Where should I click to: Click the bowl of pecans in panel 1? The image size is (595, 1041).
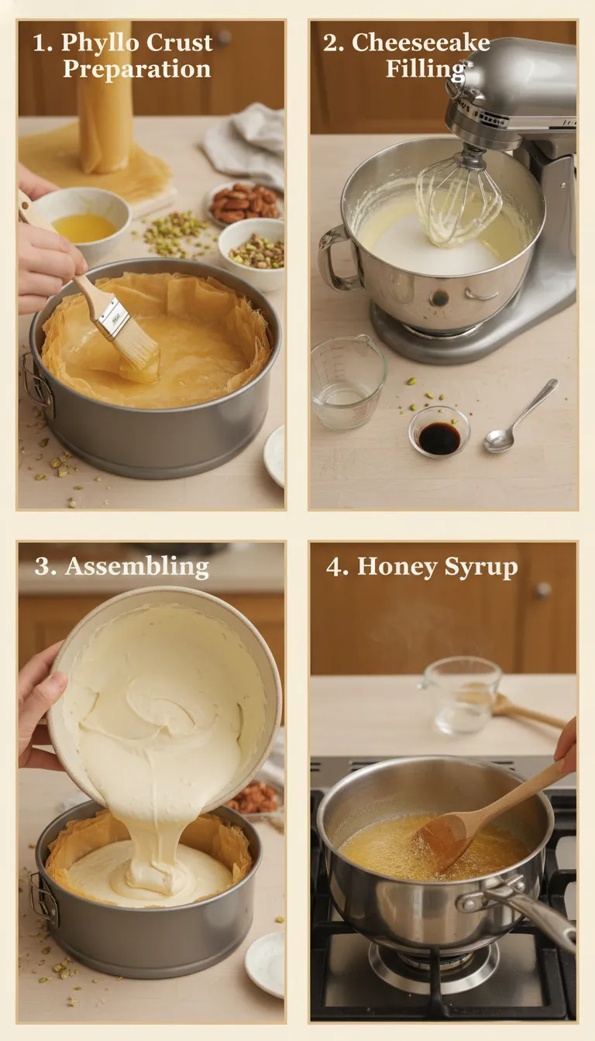click(245, 204)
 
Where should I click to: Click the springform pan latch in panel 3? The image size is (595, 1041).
click(43, 898)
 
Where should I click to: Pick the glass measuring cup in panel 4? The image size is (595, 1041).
click(462, 694)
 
